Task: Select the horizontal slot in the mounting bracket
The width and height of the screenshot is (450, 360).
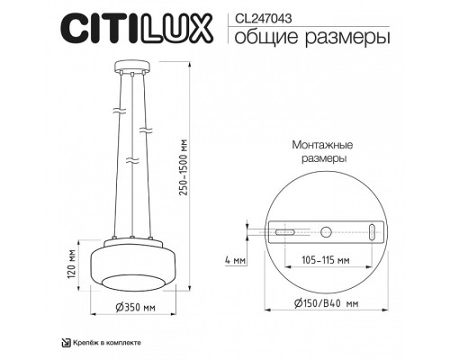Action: click(281, 232)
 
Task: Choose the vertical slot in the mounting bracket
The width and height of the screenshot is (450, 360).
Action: click(373, 231)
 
